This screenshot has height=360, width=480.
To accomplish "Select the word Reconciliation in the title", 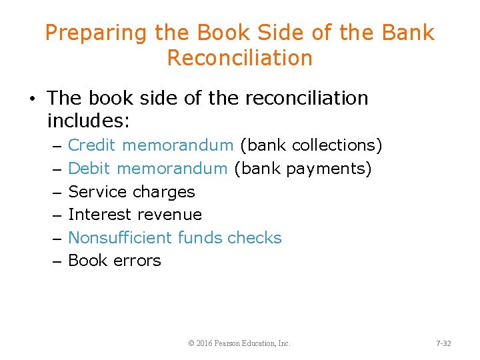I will click(240, 58).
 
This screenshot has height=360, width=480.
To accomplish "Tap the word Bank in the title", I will click(408, 33).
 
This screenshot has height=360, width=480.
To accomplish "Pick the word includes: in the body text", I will click(87, 121).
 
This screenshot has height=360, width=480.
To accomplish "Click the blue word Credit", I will click(93, 145).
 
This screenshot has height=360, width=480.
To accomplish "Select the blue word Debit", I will click(89, 169).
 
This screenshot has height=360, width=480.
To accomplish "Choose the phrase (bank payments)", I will click(303, 169).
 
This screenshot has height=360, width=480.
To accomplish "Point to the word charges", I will click(164, 192).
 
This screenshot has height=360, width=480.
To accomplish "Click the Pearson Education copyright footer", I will click(239, 343).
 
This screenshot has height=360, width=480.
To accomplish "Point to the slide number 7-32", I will click(443, 343).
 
